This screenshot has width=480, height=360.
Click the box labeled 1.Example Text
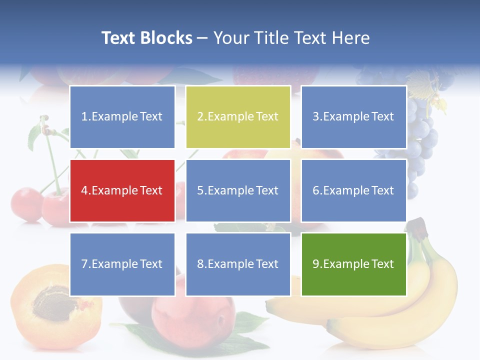(122, 117)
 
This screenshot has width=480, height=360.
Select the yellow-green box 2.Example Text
(238, 117)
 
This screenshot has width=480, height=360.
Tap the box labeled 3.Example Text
(353, 117)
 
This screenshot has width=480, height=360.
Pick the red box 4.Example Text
(122, 190)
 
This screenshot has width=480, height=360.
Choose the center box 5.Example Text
(238, 190)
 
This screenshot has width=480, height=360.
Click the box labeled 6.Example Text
(353, 190)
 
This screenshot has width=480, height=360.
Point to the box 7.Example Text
(122, 264)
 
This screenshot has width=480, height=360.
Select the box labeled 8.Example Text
(238, 264)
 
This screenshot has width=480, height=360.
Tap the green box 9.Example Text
(353, 264)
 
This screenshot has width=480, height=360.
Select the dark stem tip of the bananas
(419, 227)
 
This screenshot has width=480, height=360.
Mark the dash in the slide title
(202, 38)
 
